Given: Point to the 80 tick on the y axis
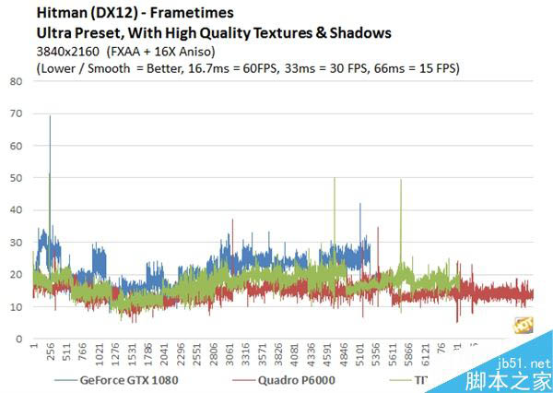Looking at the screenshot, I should [17, 80].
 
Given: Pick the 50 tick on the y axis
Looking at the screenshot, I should [17, 177].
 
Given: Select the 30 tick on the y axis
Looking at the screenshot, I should [17, 242].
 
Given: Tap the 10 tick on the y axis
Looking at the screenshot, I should [17, 306].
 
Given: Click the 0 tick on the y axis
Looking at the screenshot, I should [19, 339].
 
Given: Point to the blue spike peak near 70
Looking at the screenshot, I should [50, 116].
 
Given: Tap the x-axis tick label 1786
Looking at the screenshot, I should [149, 356].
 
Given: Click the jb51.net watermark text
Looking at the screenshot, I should [524, 364].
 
